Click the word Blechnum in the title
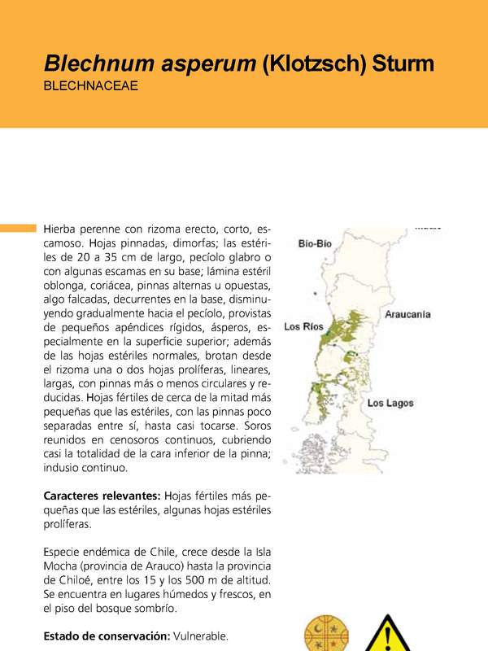pyautogui.click(x=93, y=63)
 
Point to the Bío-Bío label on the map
pyautogui.click(x=315, y=242)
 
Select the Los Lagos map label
pyautogui.click(x=390, y=403)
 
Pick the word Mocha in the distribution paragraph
pyautogui.click(x=62, y=564)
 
